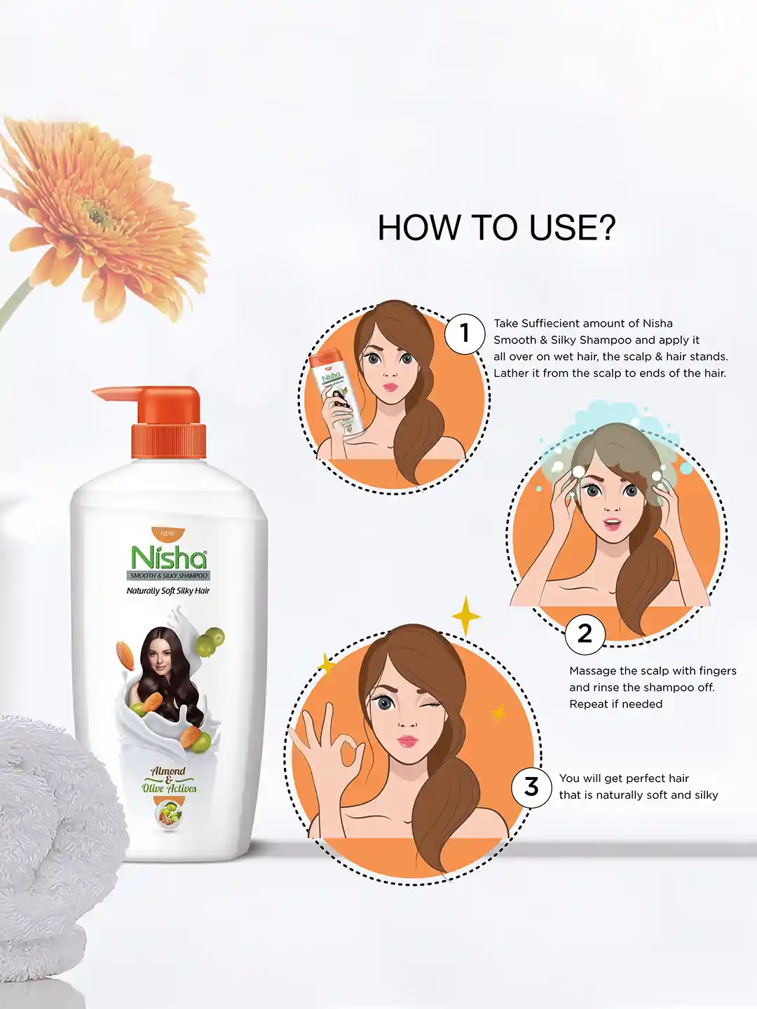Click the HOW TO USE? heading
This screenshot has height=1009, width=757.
tap(496, 228)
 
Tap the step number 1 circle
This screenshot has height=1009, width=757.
tap(465, 334)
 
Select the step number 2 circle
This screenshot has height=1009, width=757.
tap(585, 634)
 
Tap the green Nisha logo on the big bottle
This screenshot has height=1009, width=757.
tap(169, 556)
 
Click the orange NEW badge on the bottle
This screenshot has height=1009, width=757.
tap(168, 533)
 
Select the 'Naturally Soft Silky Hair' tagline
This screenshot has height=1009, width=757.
tap(168, 591)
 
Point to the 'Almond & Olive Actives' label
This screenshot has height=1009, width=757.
tap(169, 780)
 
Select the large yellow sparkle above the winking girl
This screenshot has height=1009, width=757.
tap(466, 615)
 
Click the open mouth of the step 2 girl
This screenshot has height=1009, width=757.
tap(612, 523)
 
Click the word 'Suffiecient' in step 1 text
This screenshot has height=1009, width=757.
tap(547, 323)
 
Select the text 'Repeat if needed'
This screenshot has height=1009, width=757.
tap(616, 703)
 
